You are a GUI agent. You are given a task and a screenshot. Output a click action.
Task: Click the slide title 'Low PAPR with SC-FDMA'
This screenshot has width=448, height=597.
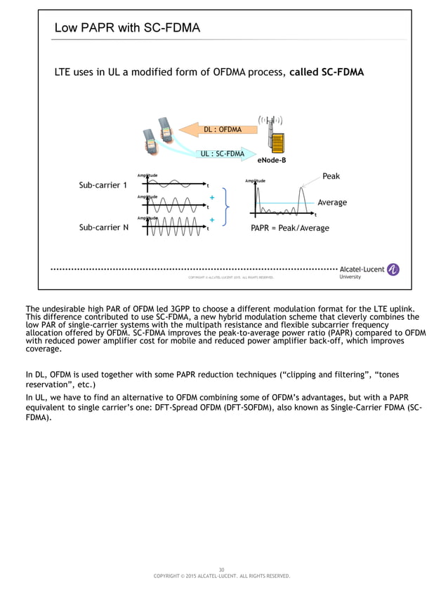(x=127, y=28)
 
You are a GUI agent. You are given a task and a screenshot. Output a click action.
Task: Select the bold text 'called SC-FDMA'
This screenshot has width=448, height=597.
(x=327, y=72)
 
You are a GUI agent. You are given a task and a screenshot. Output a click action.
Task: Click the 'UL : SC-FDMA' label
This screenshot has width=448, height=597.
(x=222, y=154)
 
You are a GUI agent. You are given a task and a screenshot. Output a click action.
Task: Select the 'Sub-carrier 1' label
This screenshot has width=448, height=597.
(x=103, y=185)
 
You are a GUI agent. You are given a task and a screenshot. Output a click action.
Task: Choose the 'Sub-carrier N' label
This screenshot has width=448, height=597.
(x=103, y=227)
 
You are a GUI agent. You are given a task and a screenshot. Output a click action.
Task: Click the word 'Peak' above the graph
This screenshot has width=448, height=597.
(x=331, y=176)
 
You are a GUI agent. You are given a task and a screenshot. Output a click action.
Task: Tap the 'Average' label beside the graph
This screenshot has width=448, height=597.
(x=332, y=203)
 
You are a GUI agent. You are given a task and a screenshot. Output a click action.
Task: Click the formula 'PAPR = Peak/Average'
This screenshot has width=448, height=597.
(x=289, y=228)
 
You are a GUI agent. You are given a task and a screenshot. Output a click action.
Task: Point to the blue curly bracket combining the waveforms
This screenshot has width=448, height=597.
(x=225, y=206)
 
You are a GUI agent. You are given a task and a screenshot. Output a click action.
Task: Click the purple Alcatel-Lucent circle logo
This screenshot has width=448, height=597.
(x=393, y=269)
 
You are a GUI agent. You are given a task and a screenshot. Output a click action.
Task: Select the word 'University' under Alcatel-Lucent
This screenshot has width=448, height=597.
(x=350, y=277)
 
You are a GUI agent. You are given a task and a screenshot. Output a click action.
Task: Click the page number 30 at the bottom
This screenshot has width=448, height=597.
(x=221, y=570)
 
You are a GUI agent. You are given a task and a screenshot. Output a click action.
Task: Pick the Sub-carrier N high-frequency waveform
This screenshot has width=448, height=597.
(x=176, y=227)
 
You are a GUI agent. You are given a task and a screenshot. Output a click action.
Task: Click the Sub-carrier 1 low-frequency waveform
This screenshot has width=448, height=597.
(x=176, y=185)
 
